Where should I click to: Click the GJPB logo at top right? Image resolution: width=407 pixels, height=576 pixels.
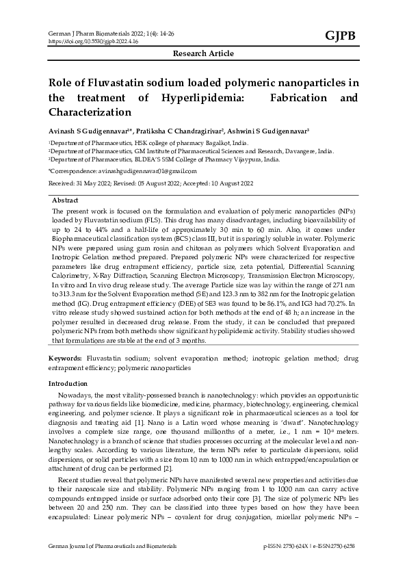tap(340, 36)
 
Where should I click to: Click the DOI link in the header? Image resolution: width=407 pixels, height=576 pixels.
tap(92, 41)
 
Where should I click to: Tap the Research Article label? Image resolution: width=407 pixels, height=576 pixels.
tap(203, 53)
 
